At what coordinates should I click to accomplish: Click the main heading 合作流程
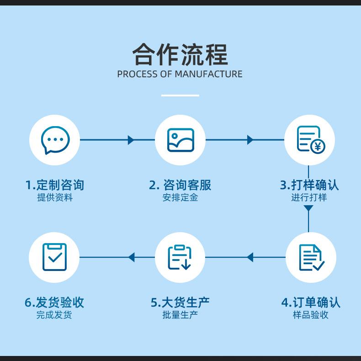click(180, 54)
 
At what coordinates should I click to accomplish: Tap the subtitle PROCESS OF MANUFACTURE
click(180, 74)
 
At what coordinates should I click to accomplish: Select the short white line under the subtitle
click(180, 96)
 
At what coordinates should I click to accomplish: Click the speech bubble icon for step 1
click(55, 140)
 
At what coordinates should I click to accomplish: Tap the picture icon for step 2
click(180, 140)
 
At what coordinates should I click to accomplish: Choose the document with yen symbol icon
click(310, 140)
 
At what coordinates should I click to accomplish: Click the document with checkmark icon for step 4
click(311, 257)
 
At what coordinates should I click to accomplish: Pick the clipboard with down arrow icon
click(180, 257)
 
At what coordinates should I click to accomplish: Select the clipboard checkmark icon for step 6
click(54, 257)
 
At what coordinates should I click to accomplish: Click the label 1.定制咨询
click(55, 185)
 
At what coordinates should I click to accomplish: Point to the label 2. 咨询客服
click(180, 185)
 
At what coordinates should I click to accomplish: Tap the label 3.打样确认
click(309, 185)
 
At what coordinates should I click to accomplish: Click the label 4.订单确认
click(311, 303)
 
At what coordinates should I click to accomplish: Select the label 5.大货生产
click(180, 303)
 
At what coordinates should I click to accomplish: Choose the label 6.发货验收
click(54, 303)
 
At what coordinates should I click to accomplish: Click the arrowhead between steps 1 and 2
click(131, 140)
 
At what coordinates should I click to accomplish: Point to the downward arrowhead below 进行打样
click(308, 208)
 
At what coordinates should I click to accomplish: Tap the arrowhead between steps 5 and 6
click(131, 257)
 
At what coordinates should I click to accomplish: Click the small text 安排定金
click(180, 198)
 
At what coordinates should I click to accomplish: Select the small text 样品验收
click(311, 315)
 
